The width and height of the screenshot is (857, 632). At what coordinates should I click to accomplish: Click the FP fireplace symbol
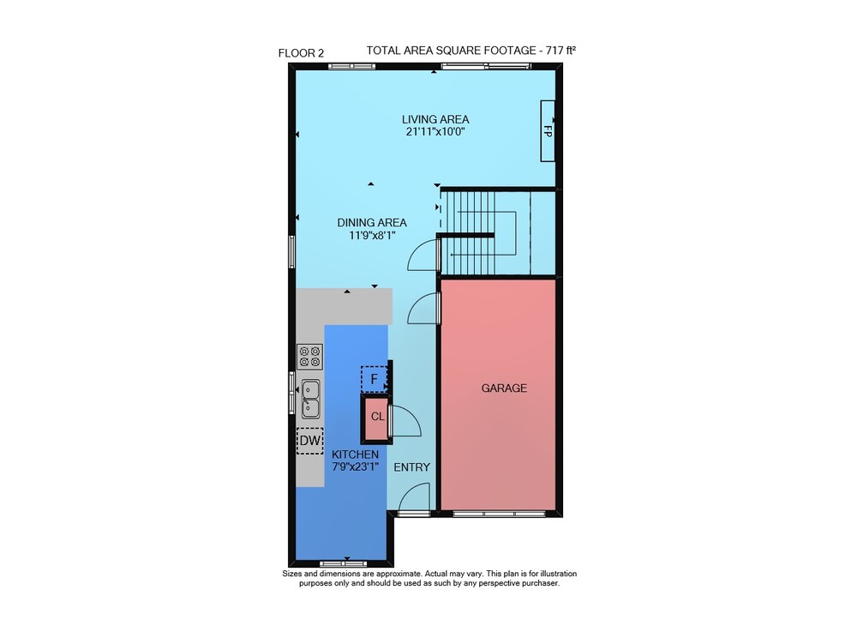pos(548,130)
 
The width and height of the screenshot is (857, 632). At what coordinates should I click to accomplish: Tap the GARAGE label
pos(504,388)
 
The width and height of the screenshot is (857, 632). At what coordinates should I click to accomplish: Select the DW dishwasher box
pos(310,441)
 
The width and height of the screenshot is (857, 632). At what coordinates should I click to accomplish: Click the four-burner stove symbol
pos(310,356)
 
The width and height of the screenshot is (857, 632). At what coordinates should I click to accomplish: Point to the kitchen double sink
pos(310,399)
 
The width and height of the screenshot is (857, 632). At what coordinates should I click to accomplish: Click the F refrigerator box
pos(374,379)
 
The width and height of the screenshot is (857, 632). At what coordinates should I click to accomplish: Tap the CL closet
pos(376,418)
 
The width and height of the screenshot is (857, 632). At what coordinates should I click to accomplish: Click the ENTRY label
pos(411,467)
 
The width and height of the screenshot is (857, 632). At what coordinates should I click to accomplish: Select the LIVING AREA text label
pos(435,119)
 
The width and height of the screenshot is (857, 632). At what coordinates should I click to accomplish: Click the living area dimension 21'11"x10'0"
pos(435,132)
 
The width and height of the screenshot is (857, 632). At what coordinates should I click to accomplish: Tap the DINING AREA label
pos(372,222)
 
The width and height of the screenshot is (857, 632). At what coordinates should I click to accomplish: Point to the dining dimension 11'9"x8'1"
pos(372,236)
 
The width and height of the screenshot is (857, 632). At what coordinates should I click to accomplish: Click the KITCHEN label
pos(356,454)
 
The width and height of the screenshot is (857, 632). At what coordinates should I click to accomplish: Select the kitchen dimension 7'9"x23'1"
pos(356,466)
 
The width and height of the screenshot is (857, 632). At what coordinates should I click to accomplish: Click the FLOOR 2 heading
pos(301,53)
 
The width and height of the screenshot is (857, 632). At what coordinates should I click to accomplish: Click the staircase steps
pos(479,232)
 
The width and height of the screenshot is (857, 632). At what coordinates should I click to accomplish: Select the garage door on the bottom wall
pos(499,514)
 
